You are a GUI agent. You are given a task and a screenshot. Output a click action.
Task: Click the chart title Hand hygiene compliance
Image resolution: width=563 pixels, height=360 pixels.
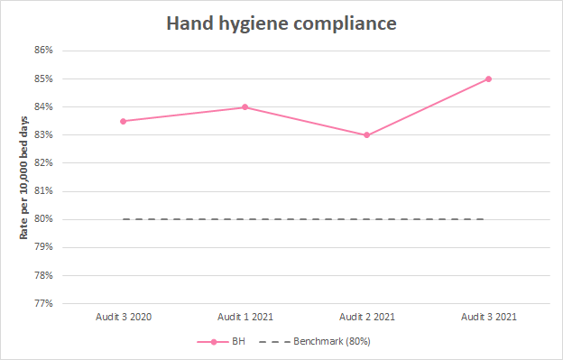pyautogui.click(x=281, y=23)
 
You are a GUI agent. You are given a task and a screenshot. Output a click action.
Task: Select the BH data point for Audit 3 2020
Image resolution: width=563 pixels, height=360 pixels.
pyautogui.click(x=123, y=121)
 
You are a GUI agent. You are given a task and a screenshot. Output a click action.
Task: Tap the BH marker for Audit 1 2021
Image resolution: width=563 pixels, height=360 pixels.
pyautogui.click(x=245, y=107)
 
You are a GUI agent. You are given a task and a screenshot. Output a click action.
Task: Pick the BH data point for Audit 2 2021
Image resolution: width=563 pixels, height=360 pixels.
pyautogui.click(x=366, y=135)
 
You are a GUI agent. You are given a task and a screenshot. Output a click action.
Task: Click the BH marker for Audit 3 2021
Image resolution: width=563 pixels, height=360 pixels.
pyautogui.click(x=488, y=78)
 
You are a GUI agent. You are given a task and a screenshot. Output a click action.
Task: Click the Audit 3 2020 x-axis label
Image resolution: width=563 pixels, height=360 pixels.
pyautogui.click(x=123, y=317)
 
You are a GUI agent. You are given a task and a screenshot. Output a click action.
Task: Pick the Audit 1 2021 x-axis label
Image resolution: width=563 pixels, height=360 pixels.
pyautogui.click(x=245, y=317)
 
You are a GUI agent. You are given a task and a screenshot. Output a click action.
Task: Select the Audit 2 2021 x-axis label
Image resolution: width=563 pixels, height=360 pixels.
pyautogui.click(x=366, y=317)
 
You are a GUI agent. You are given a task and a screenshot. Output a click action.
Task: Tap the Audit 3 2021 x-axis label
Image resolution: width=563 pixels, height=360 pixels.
pyautogui.click(x=488, y=317)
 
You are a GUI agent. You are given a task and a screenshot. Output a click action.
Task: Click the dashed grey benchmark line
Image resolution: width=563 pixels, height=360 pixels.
pyautogui.click(x=305, y=219)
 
